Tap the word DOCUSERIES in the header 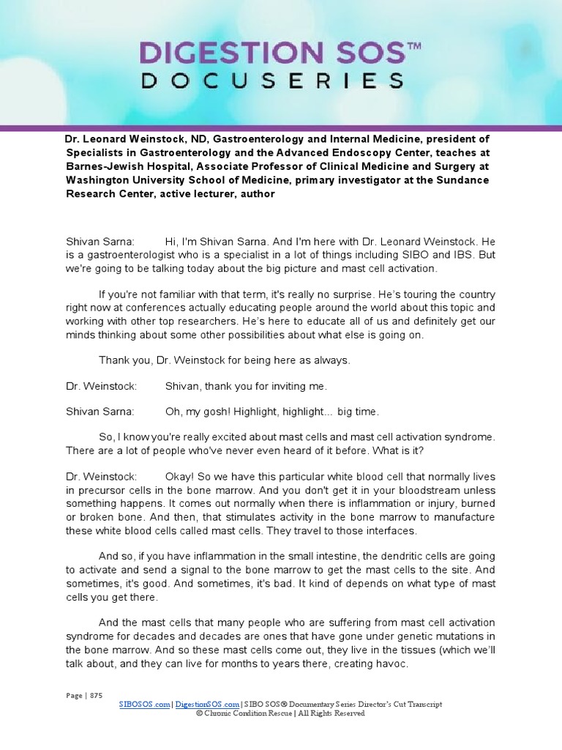tap(271, 81)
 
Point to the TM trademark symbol tap(413, 45)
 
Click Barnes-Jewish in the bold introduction tap(105, 166)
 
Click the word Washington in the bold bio tap(104, 180)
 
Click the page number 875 tap(96, 695)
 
